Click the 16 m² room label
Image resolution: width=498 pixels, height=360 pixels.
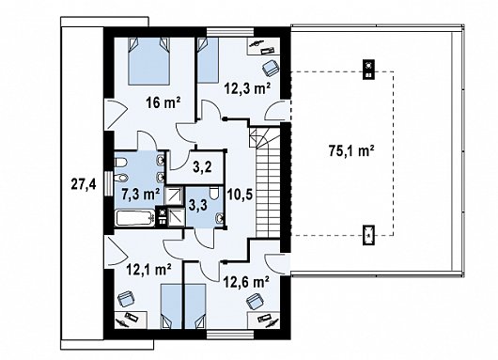pos(163,102)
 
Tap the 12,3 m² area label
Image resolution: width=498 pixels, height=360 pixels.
pos(248,87)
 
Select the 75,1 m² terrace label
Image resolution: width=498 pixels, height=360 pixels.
pos(351,150)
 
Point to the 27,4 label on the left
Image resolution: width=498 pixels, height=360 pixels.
pos(84,184)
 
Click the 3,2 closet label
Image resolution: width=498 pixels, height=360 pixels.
pos(202,166)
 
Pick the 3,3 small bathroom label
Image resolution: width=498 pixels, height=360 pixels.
pos(197,205)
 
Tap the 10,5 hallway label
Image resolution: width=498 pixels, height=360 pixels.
pos(240,194)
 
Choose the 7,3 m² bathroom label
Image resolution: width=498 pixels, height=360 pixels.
pos(141,193)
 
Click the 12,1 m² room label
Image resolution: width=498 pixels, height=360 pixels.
pos(149,270)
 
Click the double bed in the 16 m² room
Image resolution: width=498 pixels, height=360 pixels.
pos(148,61)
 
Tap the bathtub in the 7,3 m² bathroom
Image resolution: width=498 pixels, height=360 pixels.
pos(135,218)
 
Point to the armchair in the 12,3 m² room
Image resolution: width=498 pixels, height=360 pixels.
pos(271,68)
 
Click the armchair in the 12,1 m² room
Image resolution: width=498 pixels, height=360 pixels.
pos(126,299)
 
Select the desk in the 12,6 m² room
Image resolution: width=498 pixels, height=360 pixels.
pos(264,321)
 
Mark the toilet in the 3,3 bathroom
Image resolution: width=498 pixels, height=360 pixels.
pos(214,193)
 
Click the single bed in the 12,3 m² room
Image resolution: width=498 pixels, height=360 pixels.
pos(208,60)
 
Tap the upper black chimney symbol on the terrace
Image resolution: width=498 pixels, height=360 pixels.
pos(368,70)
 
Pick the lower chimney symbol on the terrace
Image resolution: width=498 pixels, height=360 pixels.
pos(368,235)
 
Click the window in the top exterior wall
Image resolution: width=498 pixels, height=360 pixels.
pos(230,32)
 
